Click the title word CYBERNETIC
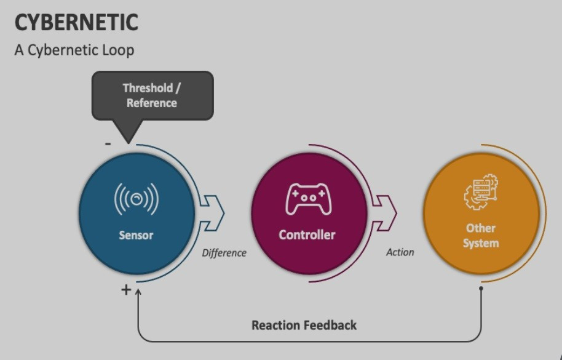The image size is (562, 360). coord(76,23)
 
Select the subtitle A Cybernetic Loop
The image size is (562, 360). coord(74,50)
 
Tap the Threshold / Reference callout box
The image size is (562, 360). coord(152,95)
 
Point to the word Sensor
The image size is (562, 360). coord(136,234)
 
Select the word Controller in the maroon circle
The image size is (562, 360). coord(307,234)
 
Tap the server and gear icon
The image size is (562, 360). coord(481,193)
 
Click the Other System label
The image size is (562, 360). coord(480,235)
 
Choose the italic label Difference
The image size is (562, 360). coord(224,252)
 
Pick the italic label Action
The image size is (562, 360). coord(400,252)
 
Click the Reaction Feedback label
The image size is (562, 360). coord(304,324)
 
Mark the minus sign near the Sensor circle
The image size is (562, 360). coord(108,143)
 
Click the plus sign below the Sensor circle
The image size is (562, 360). coord(126,289)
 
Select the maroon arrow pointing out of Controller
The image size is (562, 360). coord(386,213)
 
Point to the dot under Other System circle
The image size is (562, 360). coord(481,287)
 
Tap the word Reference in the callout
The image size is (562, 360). coord(152,103)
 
